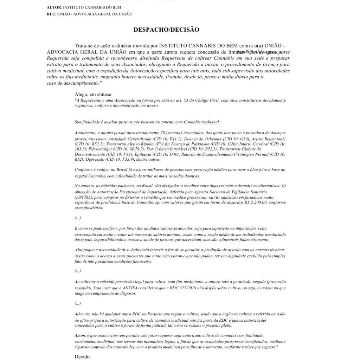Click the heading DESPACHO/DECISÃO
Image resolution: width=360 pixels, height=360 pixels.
[166, 30]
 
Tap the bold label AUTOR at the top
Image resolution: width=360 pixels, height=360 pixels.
[53, 7]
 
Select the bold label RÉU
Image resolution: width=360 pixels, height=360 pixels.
[51, 14]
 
